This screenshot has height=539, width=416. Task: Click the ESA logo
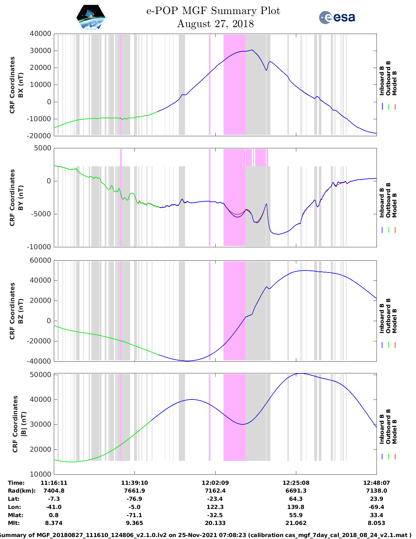(x=337, y=17)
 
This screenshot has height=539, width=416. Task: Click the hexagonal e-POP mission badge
(x=91, y=17)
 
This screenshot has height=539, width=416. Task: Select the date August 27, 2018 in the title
(x=215, y=24)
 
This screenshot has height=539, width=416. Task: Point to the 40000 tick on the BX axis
(x=40, y=34)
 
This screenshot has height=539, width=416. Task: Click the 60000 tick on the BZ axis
(x=40, y=260)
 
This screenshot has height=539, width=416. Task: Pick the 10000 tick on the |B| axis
(x=40, y=474)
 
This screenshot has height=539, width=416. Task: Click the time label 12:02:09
(x=215, y=483)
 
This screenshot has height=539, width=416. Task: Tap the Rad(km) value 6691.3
(x=296, y=491)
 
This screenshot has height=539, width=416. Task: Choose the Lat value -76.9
(x=134, y=499)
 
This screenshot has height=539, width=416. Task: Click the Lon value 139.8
(x=296, y=507)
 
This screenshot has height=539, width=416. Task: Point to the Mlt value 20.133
(x=215, y=523)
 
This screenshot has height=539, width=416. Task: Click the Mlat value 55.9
(x=296, y=515)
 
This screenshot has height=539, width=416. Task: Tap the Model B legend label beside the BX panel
(x=394, y=83)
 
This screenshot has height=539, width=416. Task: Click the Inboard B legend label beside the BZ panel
(x=382, y=318)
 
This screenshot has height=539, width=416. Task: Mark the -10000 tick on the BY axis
(x=40, y=247)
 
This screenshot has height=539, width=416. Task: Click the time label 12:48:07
(x=377, y=483)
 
